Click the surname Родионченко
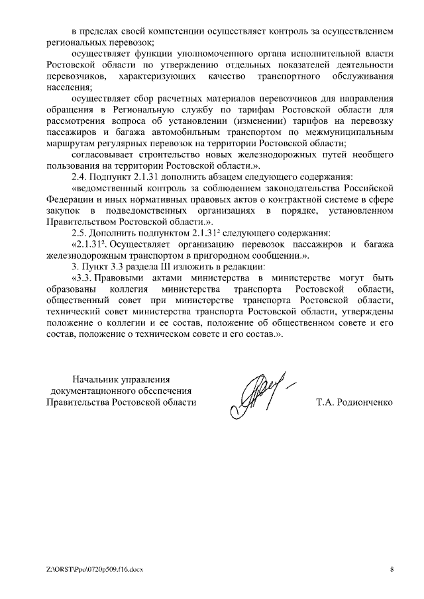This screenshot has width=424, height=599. click(356, 402)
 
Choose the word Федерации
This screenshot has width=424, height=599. click(72, 199)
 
